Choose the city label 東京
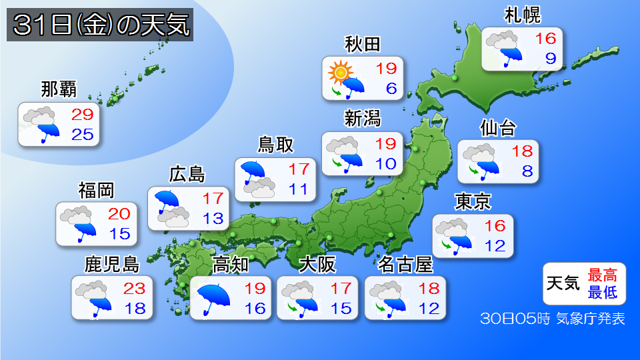pos(473,201)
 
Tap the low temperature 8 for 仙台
pos(527,171)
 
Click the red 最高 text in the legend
pos(603,275)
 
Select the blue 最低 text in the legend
pos(603,291)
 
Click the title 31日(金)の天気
pos(101,27)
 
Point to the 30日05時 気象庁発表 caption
pos(553,319)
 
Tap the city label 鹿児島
pos(111,265)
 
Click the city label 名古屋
pos(405,265)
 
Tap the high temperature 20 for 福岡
pos(120,214)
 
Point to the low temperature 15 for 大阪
pos(342,309)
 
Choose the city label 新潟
pos(362,119)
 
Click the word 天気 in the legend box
pos(562,283)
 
